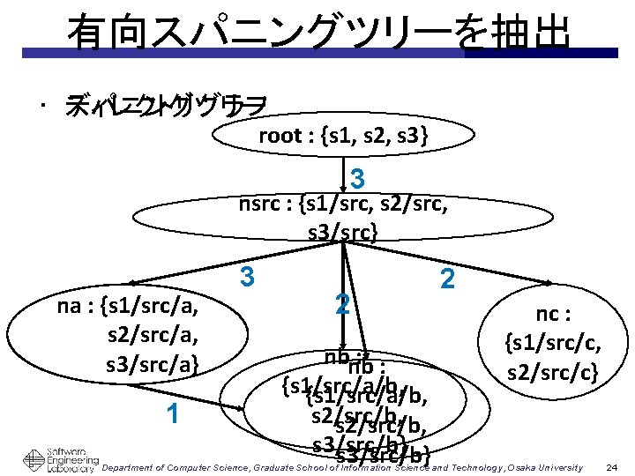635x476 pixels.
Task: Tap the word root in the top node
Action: [x=280, y=136]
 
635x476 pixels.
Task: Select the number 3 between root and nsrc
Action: [x=357, y=179]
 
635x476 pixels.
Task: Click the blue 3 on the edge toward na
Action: [x=248, y=277]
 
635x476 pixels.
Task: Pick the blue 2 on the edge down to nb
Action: [x=344, y=306]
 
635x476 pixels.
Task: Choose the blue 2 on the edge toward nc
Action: [x=447, y=280]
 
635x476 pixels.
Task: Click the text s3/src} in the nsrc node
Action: [x=342, y=233]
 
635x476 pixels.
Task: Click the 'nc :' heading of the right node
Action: [x=554, y=313]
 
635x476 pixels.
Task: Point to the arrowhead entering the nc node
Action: [x=548, y=282]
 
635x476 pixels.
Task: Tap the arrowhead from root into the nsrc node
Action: [x=344, y=185]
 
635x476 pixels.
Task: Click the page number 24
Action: [x=612, y=465]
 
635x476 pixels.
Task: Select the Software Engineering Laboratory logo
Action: [x=58, y=457]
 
